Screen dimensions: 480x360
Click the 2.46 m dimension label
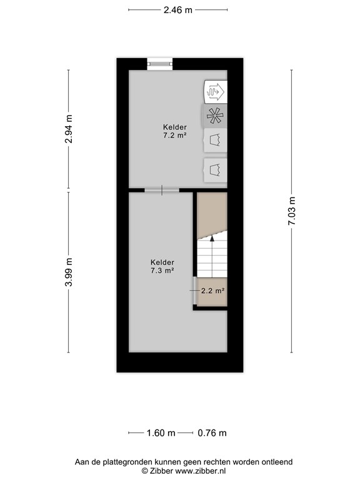177,9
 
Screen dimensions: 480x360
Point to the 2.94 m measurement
69,129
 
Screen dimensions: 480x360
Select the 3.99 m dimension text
69,272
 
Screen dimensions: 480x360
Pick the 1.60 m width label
161,432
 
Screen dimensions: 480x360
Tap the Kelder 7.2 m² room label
174,131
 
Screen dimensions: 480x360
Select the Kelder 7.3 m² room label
162,266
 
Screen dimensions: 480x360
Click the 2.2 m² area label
212,290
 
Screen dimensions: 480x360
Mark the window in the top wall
159,62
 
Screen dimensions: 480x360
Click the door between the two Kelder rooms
162,190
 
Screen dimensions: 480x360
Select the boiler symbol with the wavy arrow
215,92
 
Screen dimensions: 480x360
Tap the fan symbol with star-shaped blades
215,116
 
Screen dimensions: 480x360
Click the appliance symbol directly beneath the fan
215,140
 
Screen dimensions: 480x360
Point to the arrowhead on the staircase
212,237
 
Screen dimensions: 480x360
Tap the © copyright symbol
144,471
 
